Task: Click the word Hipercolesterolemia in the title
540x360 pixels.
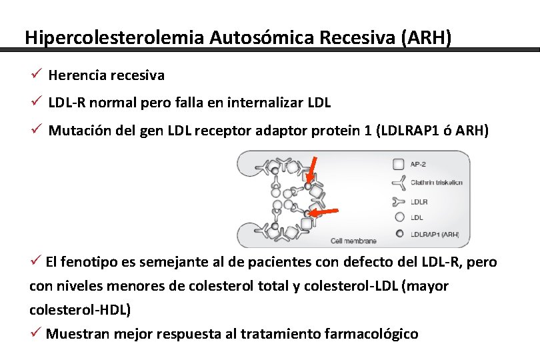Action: [x=114, y=37]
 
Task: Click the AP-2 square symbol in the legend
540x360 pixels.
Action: [x=399, y=164]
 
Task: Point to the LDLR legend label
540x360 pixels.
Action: [x=419, y=201]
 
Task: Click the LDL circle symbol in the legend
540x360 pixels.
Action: [x=399, y=217]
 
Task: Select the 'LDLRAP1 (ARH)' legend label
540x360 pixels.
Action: [x=435, y=234]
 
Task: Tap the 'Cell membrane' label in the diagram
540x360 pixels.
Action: [x=354, y=241]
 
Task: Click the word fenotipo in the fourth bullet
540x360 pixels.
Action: [x=83, y=262]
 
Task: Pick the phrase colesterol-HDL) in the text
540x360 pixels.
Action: [x=81, y=310]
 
